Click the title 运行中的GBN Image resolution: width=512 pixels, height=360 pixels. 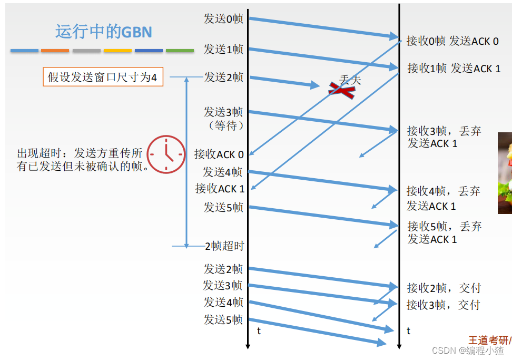(x=104, y=32)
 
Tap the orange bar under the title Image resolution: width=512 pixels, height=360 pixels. (x=55, y=51)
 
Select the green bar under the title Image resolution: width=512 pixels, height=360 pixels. (x=180, y=51)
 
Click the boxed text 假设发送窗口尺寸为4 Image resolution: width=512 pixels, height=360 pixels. (x=102, y=77)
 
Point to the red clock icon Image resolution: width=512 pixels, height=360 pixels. (x=165, y=154)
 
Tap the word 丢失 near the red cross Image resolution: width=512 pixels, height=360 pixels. (x=350, y=80)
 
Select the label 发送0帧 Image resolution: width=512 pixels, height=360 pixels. (x=223, y=18)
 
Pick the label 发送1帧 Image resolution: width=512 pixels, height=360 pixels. (x=223, y=49)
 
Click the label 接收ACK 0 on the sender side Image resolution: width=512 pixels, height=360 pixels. (x=219, y=154)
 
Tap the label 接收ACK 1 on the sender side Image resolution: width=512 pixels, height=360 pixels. (x=220, y=189)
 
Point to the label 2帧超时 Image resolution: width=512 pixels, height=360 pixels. (x=224, y=246)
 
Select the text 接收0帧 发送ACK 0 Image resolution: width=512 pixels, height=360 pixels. (x=452, y=41)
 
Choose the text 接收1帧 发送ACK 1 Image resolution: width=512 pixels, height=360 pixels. (x=454, y=68)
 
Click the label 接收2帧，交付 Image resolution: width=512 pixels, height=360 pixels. (x=444, y=288)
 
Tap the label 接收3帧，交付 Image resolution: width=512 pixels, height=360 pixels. (x=443, y=305)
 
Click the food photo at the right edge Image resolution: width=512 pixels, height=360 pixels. (x=505, y=173)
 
